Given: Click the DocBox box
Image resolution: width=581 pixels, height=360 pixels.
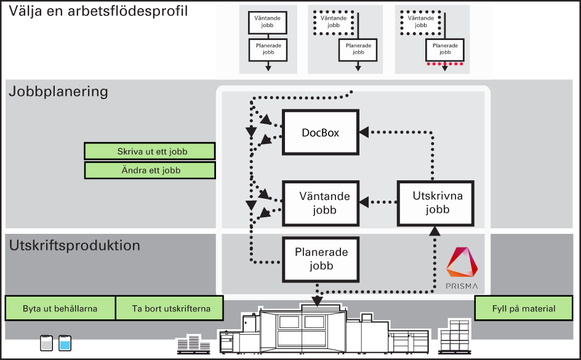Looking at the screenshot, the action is [x=321, y=132].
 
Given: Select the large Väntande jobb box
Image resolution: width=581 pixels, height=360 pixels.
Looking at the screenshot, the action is [x=321, y=203].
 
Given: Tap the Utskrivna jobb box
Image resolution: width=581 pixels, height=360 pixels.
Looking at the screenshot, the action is [x=435, y=203].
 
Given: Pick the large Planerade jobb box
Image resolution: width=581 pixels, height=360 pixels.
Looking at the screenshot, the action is [x=321, y=259].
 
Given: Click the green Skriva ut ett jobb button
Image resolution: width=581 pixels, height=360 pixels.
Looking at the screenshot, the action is [x=150, y=151].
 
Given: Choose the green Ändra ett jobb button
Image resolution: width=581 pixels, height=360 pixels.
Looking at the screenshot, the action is [x=150, y=170].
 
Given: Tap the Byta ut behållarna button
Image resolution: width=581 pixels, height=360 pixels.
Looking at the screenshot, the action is [x=60, y=308].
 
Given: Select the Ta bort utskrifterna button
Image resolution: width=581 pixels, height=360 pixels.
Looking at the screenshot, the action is [x=170, y=308].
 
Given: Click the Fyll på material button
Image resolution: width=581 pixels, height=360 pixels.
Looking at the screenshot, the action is [x=524, y=308].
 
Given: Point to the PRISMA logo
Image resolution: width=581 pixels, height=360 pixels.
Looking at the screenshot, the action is [x=462, y=268].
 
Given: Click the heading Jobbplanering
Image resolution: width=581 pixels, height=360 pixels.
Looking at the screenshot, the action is [x=58, y=92].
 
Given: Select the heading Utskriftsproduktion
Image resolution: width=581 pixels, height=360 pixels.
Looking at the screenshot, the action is [x=74, y=245].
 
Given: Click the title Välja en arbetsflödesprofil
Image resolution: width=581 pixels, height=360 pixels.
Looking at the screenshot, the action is [x=98, y=10].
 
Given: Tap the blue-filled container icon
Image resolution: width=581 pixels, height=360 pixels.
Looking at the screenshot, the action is [x=65, y=343].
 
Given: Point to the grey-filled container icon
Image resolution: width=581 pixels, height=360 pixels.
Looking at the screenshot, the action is [x=46, y=343].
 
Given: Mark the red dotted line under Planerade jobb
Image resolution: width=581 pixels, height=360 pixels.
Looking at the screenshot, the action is [x=444, y=64].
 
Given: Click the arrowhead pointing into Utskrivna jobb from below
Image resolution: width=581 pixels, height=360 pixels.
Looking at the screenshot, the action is [x=435, y=231].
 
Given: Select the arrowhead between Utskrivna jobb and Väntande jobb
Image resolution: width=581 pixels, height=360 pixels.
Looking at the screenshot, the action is [x=364, y=202].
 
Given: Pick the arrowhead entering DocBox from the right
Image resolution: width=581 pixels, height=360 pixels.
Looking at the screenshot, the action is [x=364, y=132].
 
